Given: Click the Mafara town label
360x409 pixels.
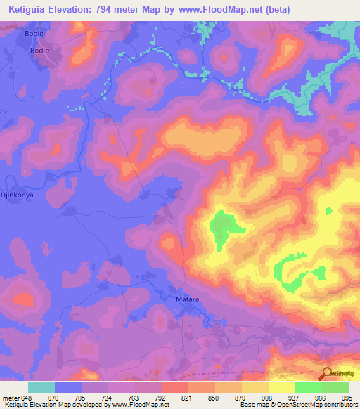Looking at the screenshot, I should (x=187, y=299).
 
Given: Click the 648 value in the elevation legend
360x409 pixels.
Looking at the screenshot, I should (x=27, y=398).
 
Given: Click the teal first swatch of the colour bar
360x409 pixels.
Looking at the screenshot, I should (x=41, y=387).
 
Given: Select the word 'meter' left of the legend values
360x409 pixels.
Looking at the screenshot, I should (x=11, y=398).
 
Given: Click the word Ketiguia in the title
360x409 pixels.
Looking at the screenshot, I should (x=32, y=9).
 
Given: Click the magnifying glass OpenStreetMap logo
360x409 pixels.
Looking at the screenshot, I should (x=326, y=375).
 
